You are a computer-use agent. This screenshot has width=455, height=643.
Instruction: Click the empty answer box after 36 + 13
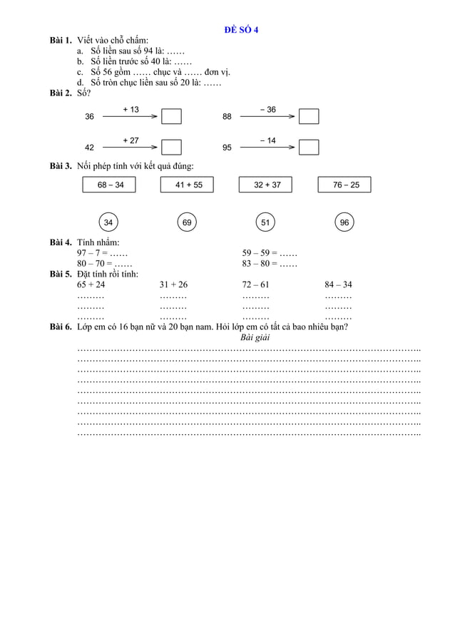[x=171, y=116]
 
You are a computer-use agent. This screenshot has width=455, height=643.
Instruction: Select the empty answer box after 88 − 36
[x=309, y=116]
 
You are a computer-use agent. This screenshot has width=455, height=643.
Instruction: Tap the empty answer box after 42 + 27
[x=171, y=148]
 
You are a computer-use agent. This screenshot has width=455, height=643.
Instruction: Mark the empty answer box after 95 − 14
[x=309, y=148]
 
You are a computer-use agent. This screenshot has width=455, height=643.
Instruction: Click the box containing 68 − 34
[x=110, y=185]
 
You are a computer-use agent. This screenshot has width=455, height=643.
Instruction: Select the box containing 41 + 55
[x=188, y=185]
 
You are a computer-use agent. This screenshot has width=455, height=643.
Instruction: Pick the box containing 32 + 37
[x=267, y=185]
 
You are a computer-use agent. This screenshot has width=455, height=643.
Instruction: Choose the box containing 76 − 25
[x=345, y=185]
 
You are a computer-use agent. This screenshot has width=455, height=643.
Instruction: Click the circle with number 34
[x=108, y=223]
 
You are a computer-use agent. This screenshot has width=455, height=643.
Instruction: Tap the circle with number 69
[x=187, y=223]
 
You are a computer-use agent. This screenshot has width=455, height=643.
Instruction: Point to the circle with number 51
[x=265, y=223]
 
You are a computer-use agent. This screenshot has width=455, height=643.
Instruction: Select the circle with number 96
[x=344, y=223]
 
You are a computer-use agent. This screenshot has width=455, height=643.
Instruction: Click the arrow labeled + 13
[x=131, y=116]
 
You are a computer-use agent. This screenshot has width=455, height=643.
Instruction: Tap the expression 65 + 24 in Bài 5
[x=91, y=284]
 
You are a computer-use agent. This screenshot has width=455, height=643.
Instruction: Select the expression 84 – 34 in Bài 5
[x=338, y=284]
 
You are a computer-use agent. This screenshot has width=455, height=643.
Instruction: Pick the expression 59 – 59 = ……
[x=269, y=253]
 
